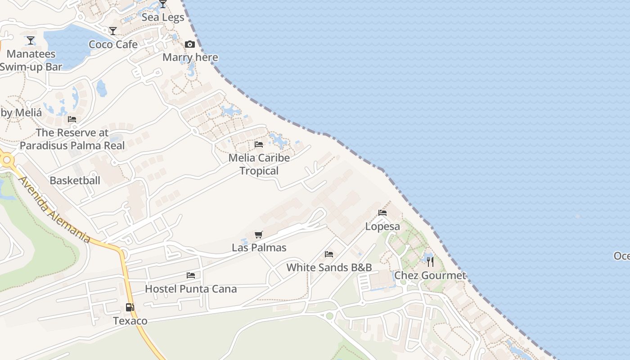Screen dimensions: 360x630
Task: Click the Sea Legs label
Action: coord(162,18)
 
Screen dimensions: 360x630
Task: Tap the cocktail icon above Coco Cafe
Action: coord(113,31)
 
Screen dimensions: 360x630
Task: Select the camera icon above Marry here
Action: coord(190,44)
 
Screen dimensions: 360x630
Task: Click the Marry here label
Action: coord(190,57)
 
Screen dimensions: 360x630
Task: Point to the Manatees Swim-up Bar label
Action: coord(31,60)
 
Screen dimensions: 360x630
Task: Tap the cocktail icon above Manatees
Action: coord(30,41)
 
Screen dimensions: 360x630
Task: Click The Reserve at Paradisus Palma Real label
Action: coord(72,139)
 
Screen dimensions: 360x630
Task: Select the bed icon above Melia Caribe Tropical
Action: coord(259,144)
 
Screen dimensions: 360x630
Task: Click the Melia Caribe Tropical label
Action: coord(259,164)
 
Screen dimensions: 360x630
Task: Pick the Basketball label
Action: coord(75,180)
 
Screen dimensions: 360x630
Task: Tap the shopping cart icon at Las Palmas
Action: coord(258,234)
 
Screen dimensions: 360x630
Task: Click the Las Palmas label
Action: coord(259,247)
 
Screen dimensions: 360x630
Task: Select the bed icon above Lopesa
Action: coord(382,213)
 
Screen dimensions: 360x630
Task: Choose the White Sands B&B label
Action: coord(329,267)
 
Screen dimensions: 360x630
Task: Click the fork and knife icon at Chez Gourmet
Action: coord(430,261)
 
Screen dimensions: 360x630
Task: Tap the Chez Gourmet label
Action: coord(430,275)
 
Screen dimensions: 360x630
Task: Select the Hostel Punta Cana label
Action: coord(191,289)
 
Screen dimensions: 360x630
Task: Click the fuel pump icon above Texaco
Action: coord(130,307)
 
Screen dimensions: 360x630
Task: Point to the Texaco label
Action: coord(130,321)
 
